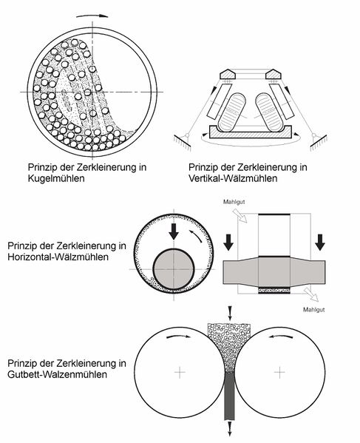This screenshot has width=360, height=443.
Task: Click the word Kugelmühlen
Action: coord(56,178)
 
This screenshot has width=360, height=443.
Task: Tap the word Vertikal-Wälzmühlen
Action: coord(233,178)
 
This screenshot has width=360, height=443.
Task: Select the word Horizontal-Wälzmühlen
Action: coord(58,257)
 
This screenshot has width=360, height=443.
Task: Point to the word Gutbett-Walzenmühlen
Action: coord(58,374)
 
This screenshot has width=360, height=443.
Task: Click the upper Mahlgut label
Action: coord(234,202)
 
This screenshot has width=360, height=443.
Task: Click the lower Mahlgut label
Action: coord(313,310)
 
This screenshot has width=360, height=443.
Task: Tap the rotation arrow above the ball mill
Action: coord(92,16)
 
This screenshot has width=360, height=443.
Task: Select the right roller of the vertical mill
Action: coord(268,112)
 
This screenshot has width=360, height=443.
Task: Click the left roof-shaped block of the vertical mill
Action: coord(228,74)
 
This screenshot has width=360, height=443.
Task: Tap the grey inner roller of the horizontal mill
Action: coord(174,269)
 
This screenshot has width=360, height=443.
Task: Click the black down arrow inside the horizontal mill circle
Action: coord(174,231)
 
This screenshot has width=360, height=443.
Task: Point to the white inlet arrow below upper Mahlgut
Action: coord(240,215)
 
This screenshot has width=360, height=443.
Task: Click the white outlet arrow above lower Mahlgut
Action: coord(311,294)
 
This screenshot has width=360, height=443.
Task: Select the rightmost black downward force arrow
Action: coord(320,242)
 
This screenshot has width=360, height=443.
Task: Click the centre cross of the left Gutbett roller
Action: coord(180,372)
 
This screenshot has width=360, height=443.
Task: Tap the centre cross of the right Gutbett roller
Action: coord(279,372)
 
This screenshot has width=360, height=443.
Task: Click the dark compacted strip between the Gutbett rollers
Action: coord(230,396)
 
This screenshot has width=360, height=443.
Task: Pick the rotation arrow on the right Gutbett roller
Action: coord(281,337)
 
